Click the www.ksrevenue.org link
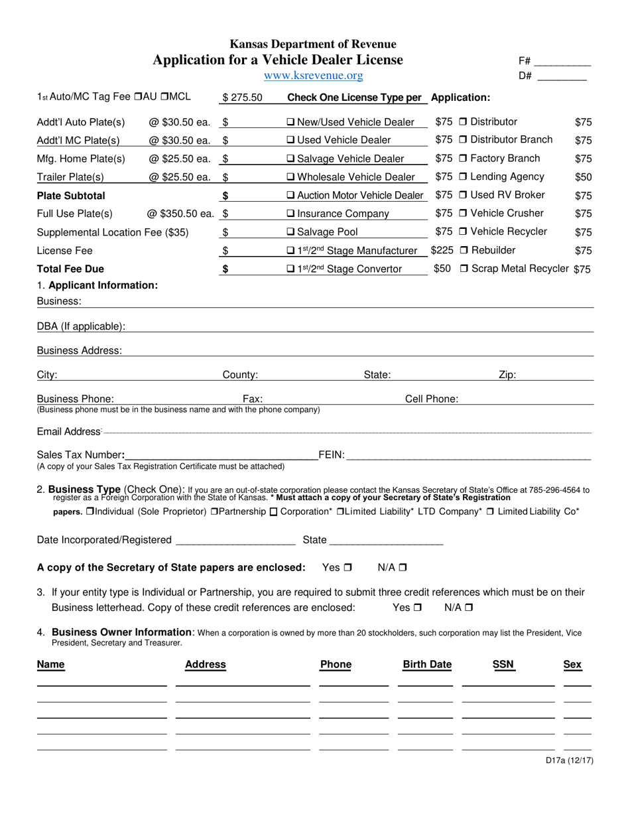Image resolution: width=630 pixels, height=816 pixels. tap(313, 76)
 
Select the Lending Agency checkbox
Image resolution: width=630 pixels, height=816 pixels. tap(463, 177)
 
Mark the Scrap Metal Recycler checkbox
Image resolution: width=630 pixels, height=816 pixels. tap(464, 269)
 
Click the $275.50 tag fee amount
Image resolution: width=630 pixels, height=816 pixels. tap(242, 98)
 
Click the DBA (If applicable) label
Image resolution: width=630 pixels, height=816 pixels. tap(81, 326)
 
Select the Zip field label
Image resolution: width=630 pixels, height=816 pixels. tap(507, 375)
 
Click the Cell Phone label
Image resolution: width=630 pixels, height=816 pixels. tap(431, 399)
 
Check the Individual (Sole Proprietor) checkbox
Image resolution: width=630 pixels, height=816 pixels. tap(90, 511)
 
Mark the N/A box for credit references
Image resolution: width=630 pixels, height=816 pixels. tap(469, 607)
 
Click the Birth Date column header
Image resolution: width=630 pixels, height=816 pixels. tap(427, 665)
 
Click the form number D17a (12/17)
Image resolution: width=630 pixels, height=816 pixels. tap(568, 761)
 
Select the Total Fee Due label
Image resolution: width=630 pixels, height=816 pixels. tap(70, 269)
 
